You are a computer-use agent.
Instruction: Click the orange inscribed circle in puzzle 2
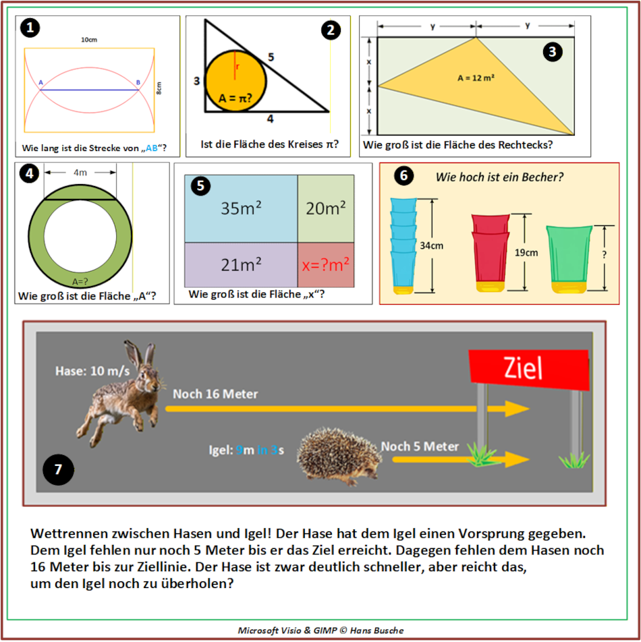235,80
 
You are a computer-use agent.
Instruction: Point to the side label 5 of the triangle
271,57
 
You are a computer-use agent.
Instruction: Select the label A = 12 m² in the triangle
476,78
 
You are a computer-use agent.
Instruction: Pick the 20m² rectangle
325,209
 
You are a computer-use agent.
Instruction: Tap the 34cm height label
432,246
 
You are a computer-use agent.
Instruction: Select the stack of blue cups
404,246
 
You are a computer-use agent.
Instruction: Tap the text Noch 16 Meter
215,395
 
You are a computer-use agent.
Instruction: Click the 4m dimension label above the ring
80,173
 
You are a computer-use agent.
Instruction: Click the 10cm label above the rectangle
88,40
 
